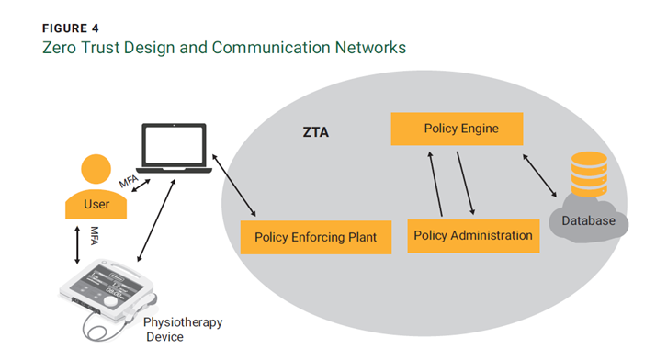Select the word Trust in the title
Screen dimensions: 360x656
107,47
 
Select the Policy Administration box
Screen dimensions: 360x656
472,235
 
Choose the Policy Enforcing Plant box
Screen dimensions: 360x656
315,237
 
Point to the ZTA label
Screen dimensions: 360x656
314,133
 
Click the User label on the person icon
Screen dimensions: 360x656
96,204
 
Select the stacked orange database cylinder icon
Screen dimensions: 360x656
588,174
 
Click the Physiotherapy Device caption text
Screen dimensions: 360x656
182,330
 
